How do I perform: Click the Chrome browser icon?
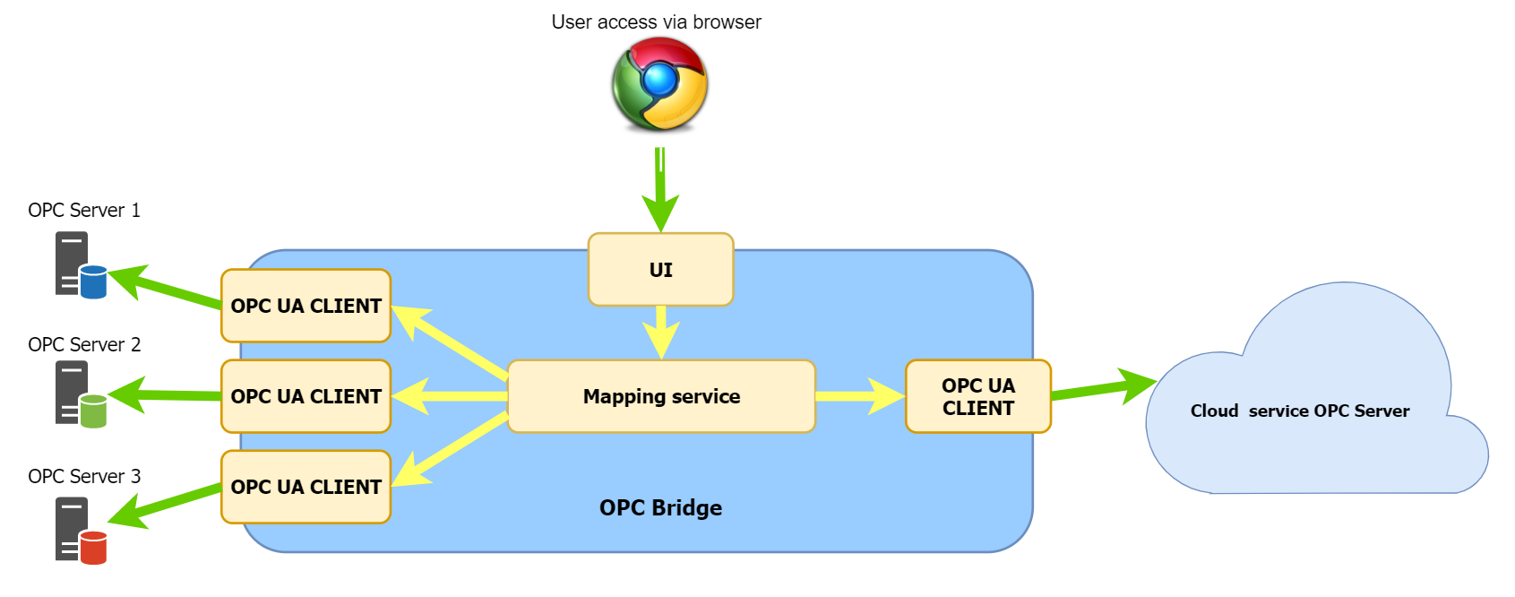point(660,84)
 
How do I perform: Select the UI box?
point(660,270)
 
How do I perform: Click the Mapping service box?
point(661,396)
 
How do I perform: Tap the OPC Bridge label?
point(660,508)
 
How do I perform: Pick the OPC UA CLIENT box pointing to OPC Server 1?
point(306,306)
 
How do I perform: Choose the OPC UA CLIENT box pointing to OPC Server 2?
point(306,396)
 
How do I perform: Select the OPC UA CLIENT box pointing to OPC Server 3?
point(306,487)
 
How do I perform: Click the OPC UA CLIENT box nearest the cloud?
point(977,396)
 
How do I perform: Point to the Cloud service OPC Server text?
point(1299,411)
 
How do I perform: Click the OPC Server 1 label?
point(84,211)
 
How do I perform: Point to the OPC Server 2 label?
point(84,345)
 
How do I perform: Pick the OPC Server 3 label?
point(84,477)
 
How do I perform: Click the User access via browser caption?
point(656,22)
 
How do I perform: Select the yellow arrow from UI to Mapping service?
point(661,333)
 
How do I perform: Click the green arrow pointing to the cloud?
point(1102,387)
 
